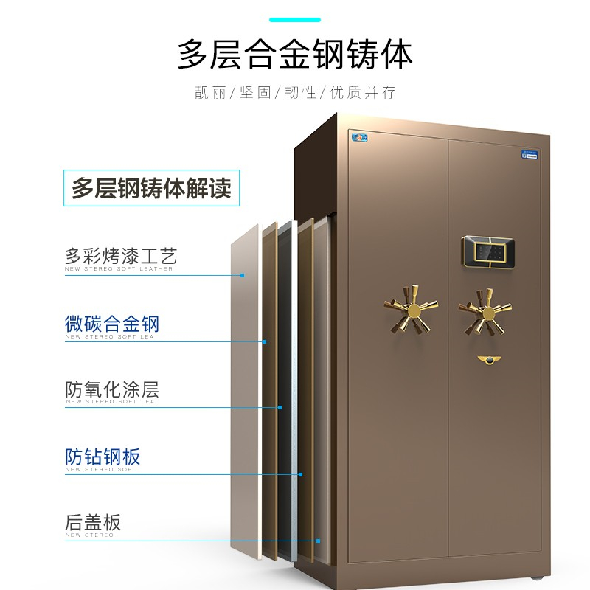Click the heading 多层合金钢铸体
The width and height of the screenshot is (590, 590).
pos(295,55)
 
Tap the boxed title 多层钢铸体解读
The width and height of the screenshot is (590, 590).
pos(151,188)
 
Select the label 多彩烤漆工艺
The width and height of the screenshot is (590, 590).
pos(121,257)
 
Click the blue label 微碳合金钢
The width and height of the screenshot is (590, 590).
pos(112,324)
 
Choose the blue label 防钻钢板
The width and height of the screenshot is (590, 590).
pos(103,457)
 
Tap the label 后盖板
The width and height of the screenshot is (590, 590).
pos(93,523)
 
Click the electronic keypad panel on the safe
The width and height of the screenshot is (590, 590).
pos(489,250)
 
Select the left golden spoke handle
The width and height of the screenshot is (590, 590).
pos(410,308)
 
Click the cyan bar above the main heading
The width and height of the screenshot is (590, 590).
pos(295,19)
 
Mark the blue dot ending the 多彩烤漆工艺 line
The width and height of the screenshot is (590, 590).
pos(243,275)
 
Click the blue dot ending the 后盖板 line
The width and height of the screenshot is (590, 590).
pos(319,541)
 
